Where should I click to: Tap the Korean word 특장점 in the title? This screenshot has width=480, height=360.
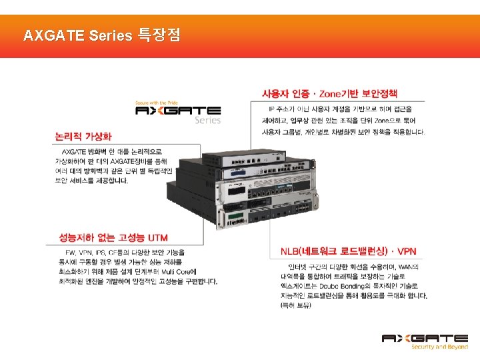(158, 35)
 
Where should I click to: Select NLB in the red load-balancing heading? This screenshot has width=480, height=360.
(291, 251)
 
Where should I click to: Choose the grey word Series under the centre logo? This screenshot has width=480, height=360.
(207, 121)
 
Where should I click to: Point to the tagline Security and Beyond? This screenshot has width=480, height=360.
(439, 347)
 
